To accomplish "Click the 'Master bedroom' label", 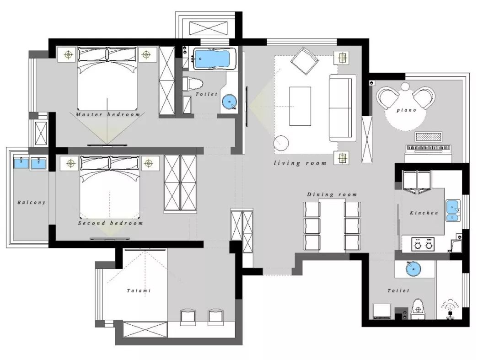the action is (108, 114).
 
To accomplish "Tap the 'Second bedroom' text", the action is (110, 223).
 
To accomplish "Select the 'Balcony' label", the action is (31, 202).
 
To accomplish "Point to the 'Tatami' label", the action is (139, 290).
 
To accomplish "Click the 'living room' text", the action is (300, 163).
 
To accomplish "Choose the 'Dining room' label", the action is (332, 194).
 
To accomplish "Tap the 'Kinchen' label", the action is (424, 213).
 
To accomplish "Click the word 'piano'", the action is (407, 110).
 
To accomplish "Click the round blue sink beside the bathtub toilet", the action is (229, 102).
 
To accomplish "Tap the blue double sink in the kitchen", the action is (453, 210).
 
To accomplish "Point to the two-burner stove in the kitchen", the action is (423, 244).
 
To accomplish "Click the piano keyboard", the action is (429, 148).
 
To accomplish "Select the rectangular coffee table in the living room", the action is (300, 106).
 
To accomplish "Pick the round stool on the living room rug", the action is (281, 143).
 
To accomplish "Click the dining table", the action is (332, 225).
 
